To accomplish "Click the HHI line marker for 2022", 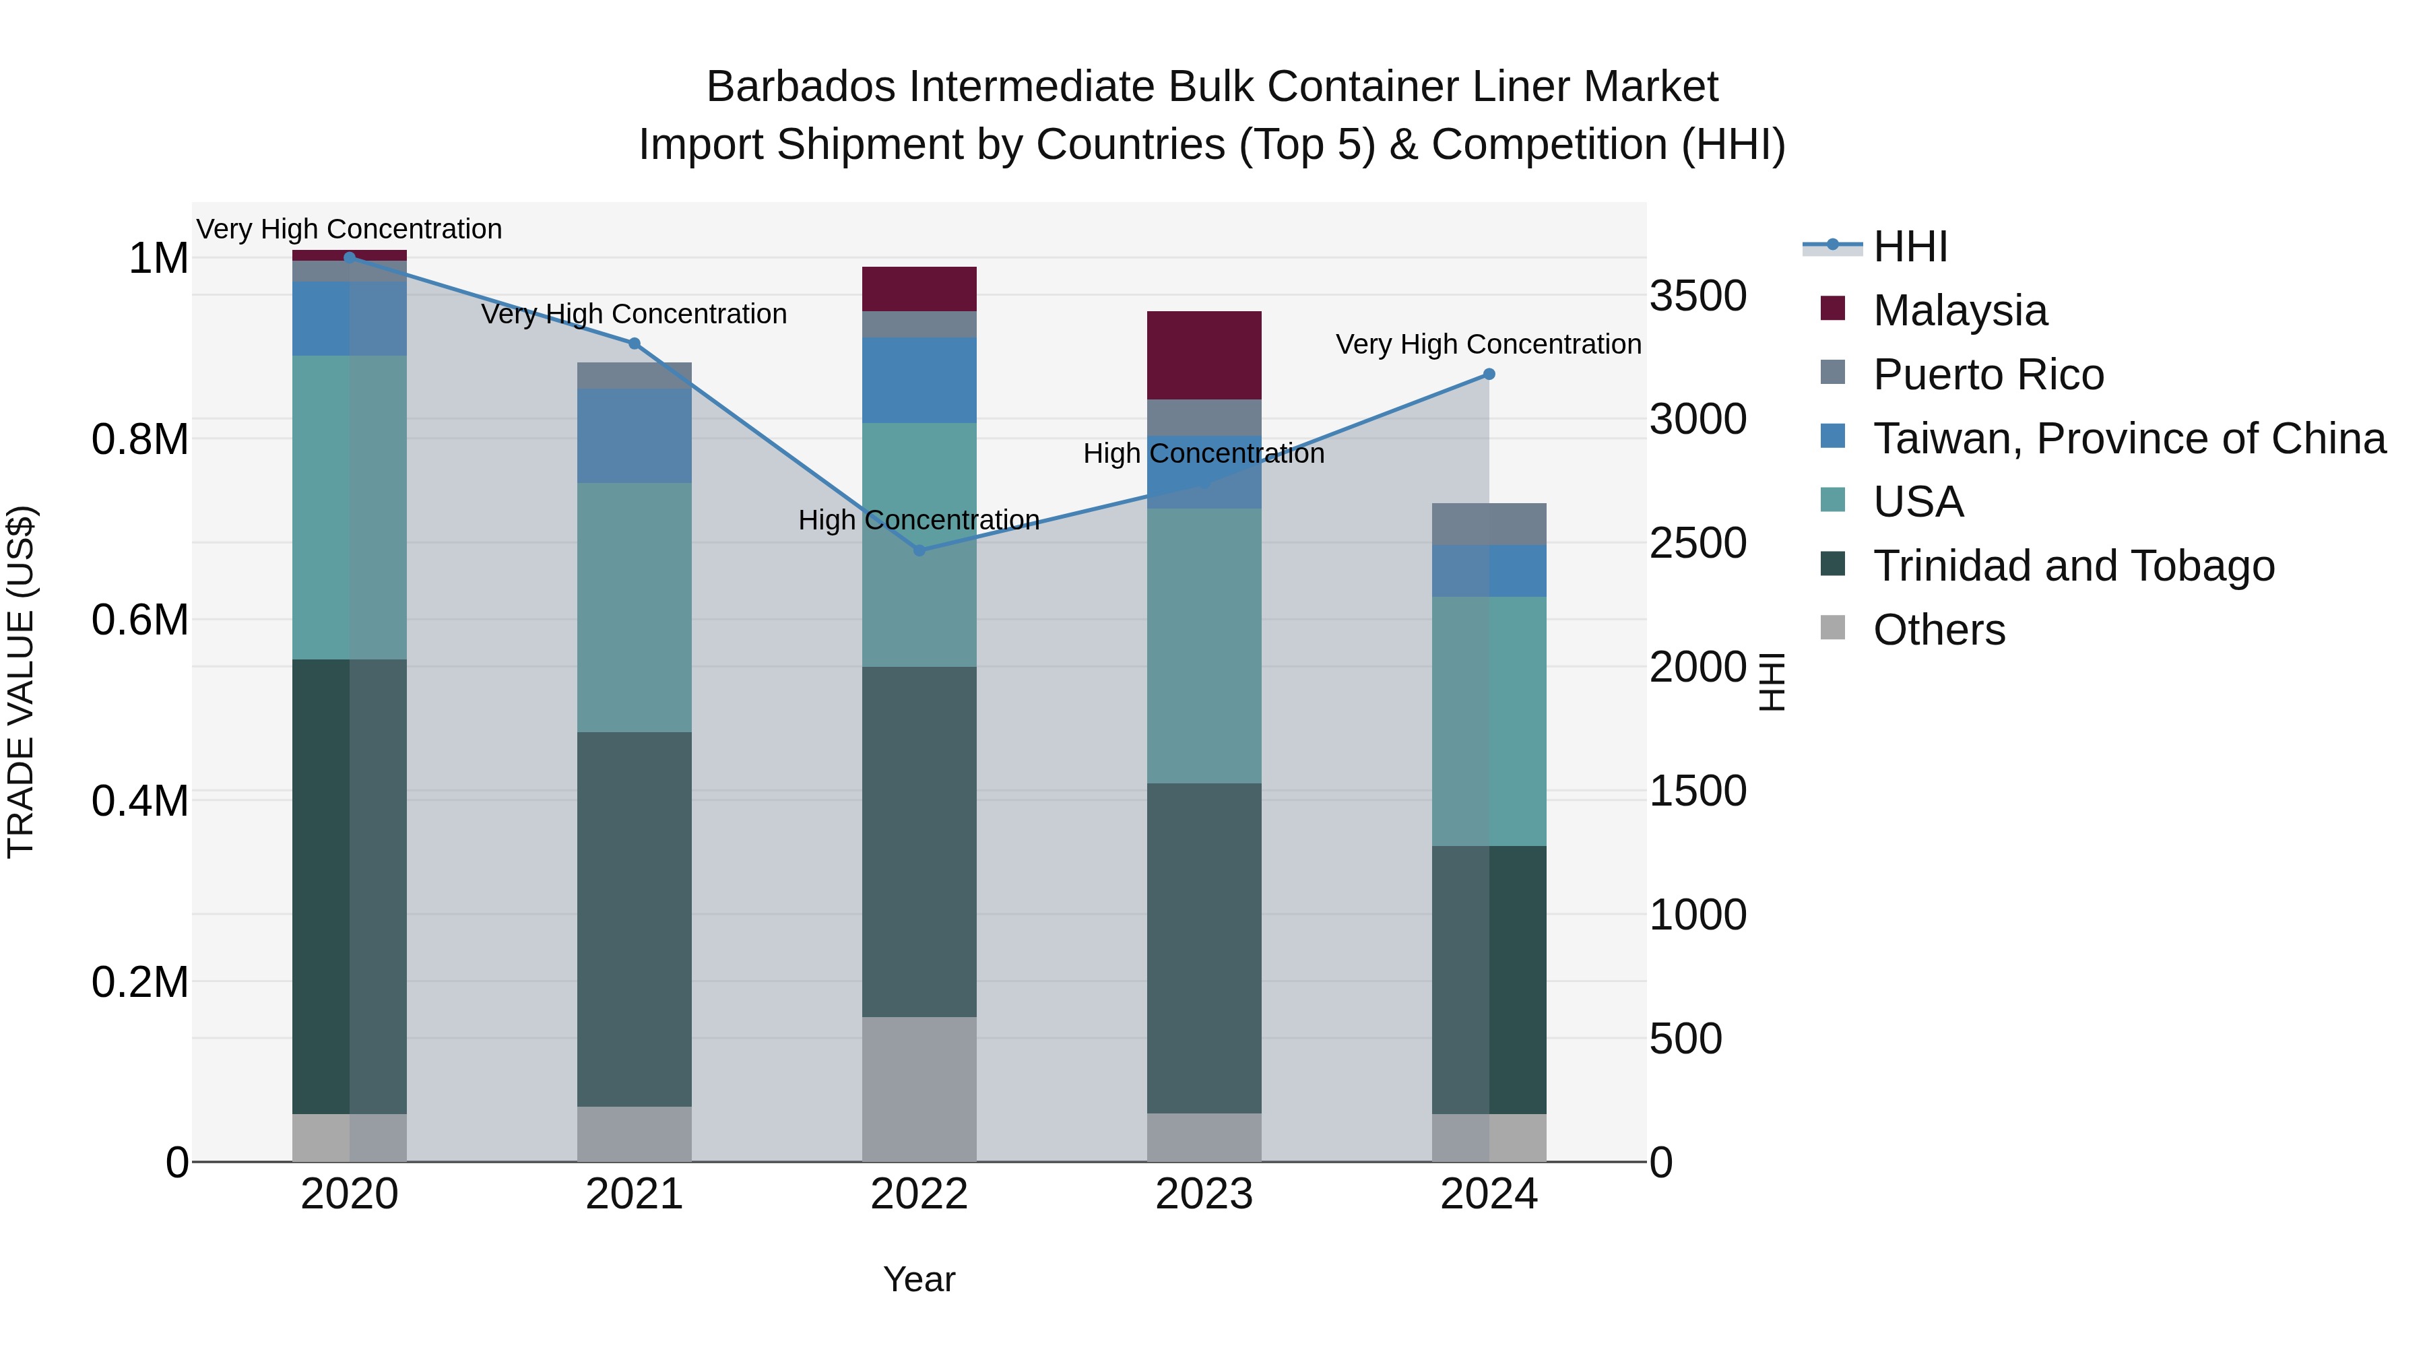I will pyautogui.click(x=919, y=550).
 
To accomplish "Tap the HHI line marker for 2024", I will pyautogui.click(x=1488, y=374).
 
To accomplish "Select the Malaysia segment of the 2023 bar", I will pyautogui.click(x=1203, y=355).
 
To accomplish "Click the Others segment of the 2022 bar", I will pyautogui.click(x=919, y=1089).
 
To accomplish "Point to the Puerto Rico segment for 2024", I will pyautogui.click(x=1488, y=523).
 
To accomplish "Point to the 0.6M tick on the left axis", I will pyautogui.click(x=140, y=620).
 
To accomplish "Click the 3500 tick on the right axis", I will pyautogui.click(x=1698, y=296).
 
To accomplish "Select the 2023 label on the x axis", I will pyautogui.click(x=1203, y=1194).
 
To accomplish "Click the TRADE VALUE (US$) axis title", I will pyautogui.click(x=21, y=682).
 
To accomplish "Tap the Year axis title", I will pyautogui.click(x=919, y=1279).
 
